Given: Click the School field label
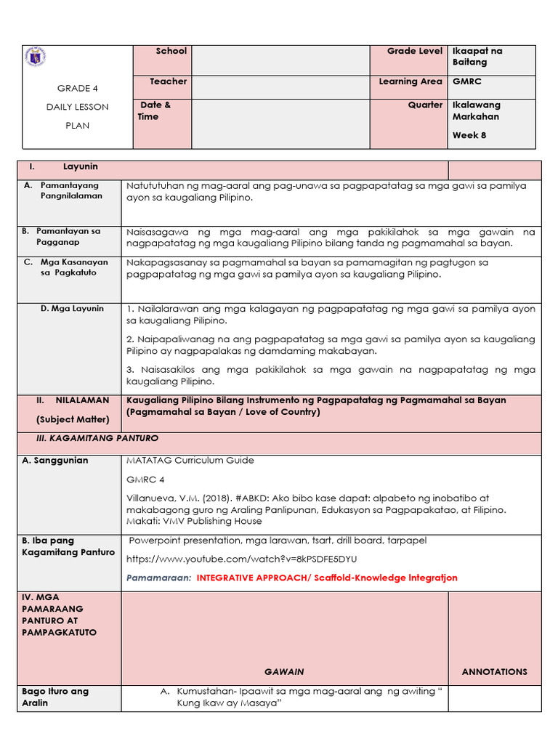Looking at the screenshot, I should pos(171,51).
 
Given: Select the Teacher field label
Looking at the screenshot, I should pos(168,81).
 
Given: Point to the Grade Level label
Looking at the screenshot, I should pos(414,51).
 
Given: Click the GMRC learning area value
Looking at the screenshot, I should pos(466,82).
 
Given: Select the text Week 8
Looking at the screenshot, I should pos(469,135).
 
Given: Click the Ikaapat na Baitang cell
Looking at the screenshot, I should pos(477,57).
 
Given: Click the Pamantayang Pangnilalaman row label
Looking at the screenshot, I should pos(70,190).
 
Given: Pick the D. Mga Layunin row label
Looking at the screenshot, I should pos(72,308).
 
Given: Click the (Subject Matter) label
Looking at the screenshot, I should pos(73,419).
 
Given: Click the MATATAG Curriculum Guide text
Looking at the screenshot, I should pos(190,460).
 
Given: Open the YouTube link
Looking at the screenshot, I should pos(241,559).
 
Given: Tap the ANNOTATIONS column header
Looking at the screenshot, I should pos(494,671).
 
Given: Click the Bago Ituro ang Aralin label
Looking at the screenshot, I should pos(55,697).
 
